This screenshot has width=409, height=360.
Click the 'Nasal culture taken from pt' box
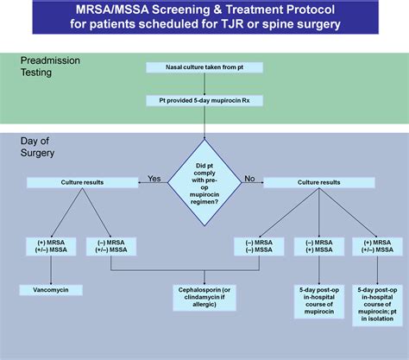point(204,67)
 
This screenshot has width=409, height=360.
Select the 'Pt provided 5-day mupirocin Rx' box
point(204,101)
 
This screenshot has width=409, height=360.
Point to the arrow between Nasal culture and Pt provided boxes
point(204,84)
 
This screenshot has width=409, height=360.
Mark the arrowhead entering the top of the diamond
point(204,136)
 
